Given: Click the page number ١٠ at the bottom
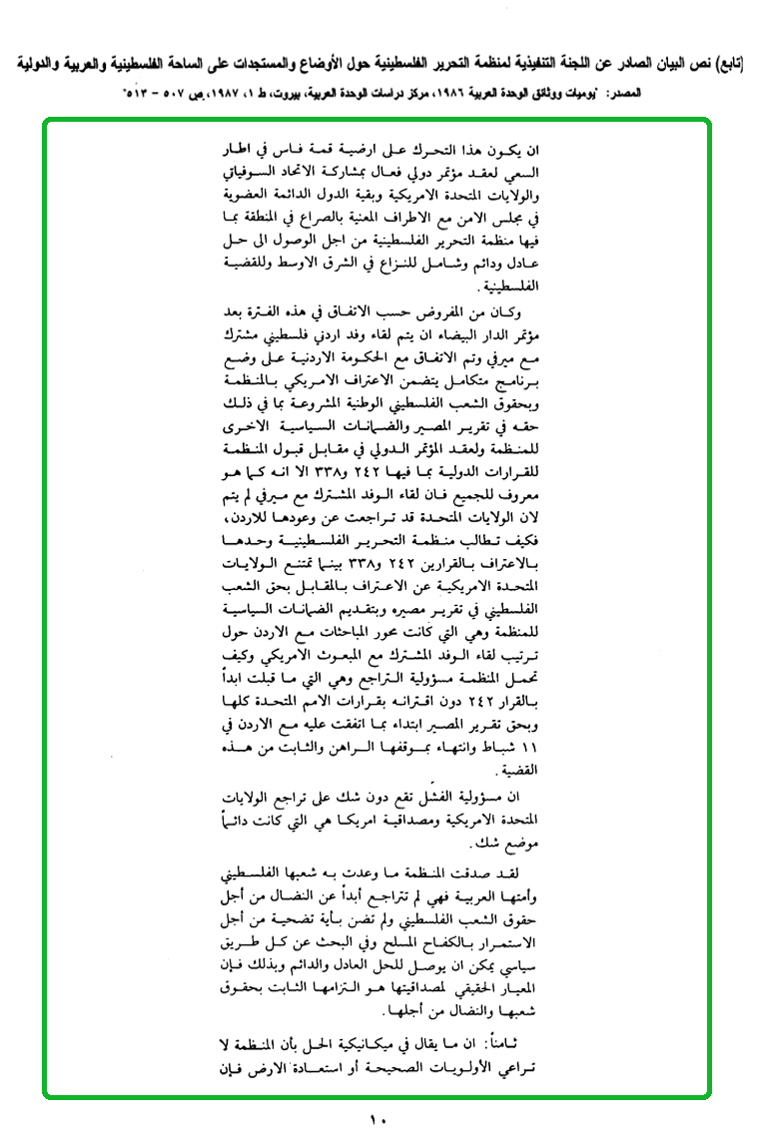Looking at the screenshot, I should click(378, 1121).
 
